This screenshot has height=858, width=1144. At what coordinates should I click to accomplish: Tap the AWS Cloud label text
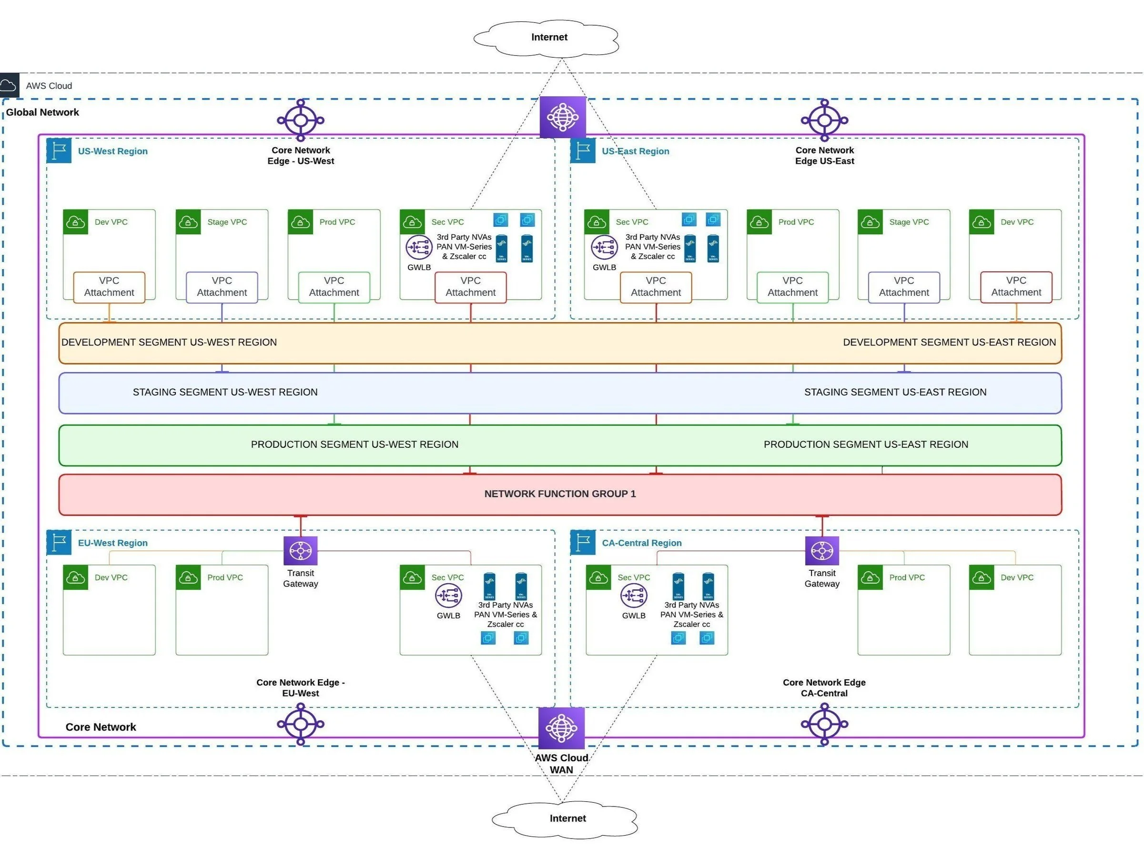[49, 86]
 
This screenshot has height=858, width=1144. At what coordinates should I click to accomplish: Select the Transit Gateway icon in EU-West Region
[301, 550]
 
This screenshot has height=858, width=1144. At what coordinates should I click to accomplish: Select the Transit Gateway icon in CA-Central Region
[822, 550]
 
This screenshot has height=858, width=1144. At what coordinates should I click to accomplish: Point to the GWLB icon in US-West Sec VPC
[418, 247]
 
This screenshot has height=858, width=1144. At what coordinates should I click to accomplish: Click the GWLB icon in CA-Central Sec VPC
[634, 596]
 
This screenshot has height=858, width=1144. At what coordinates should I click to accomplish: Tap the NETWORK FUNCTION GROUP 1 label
[559, 494]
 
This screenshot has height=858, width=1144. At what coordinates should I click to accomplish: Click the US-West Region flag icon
[59, 151]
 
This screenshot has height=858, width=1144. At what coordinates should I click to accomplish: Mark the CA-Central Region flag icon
[583, 542]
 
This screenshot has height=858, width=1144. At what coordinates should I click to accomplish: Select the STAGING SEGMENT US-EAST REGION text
[895, 392]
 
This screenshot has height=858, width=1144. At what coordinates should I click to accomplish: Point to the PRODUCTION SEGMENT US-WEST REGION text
[354, 444]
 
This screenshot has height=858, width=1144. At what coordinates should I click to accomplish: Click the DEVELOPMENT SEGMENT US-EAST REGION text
[949, 343]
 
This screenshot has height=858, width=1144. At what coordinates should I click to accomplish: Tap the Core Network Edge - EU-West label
[301, 687]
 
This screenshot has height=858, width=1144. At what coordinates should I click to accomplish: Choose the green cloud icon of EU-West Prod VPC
[188, 577]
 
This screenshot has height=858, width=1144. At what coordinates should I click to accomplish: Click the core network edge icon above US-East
[824, 120]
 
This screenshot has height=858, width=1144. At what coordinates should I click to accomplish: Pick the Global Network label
[42, 112]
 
